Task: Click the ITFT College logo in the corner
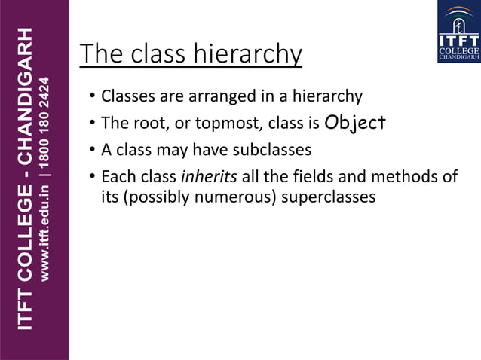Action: coord(458,31)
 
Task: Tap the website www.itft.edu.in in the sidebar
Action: coord(45,227)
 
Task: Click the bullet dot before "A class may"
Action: coord(91,149)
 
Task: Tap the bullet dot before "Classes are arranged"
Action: coord(91,96)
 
